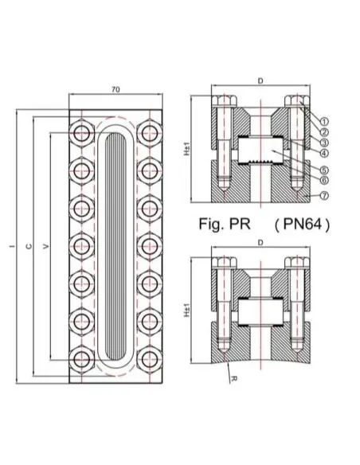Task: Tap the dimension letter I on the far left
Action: [10, 246]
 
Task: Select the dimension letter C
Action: [29, 246]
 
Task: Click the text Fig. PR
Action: [226, 225]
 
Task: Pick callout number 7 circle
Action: [326, 195]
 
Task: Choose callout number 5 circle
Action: [326, 169]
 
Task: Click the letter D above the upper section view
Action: [260, 81]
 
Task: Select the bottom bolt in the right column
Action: [149, 357]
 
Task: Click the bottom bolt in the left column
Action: [83, 357]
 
